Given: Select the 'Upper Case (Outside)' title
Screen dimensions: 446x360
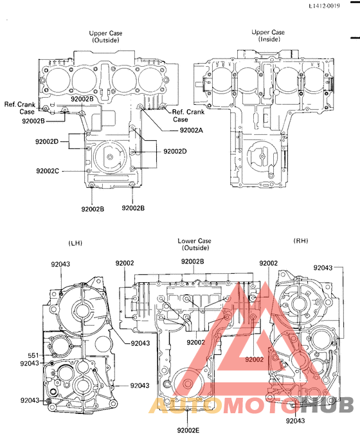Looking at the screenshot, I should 106,36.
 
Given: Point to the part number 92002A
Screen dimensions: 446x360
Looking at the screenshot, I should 191,130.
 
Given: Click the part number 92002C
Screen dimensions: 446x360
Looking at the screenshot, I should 48,171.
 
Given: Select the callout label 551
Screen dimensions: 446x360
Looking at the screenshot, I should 33,355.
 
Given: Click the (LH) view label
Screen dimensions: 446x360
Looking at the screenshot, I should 75,243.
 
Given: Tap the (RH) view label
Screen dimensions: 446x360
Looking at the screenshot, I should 301,240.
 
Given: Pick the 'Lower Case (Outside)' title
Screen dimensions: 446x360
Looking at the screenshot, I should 194,244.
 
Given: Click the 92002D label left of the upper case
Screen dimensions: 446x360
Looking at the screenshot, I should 47,141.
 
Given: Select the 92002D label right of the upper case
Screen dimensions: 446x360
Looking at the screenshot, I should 175,151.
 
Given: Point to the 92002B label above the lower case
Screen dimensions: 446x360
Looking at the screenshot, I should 192,262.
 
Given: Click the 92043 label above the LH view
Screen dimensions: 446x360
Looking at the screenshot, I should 61,263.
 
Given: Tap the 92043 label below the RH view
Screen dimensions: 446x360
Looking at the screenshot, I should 295,421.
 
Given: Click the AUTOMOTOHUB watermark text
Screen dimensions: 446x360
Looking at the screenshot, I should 251,406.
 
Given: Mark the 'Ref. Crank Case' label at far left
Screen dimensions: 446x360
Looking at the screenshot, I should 19,108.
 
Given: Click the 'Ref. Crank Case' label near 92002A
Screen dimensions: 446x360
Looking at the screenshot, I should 188,116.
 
